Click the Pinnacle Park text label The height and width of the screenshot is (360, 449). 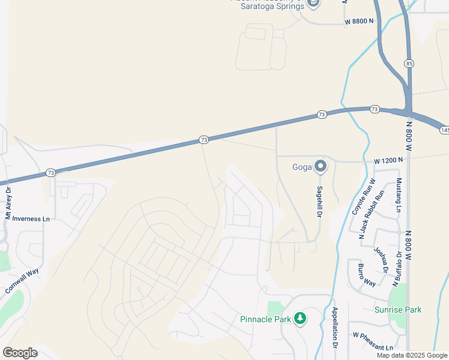coord(266,319)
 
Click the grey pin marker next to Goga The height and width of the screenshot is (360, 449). coord(321,166)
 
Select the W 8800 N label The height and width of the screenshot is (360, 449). coord(359,21)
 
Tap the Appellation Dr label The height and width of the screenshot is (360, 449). coord(335,329)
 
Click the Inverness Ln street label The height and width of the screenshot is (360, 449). coord(31,219)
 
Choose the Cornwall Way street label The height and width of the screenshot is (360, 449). coord(22,280)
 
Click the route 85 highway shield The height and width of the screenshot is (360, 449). coord(409,63)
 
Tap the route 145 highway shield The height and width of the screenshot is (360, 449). coord(444,130)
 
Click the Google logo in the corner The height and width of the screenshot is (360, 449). coord(19,353)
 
